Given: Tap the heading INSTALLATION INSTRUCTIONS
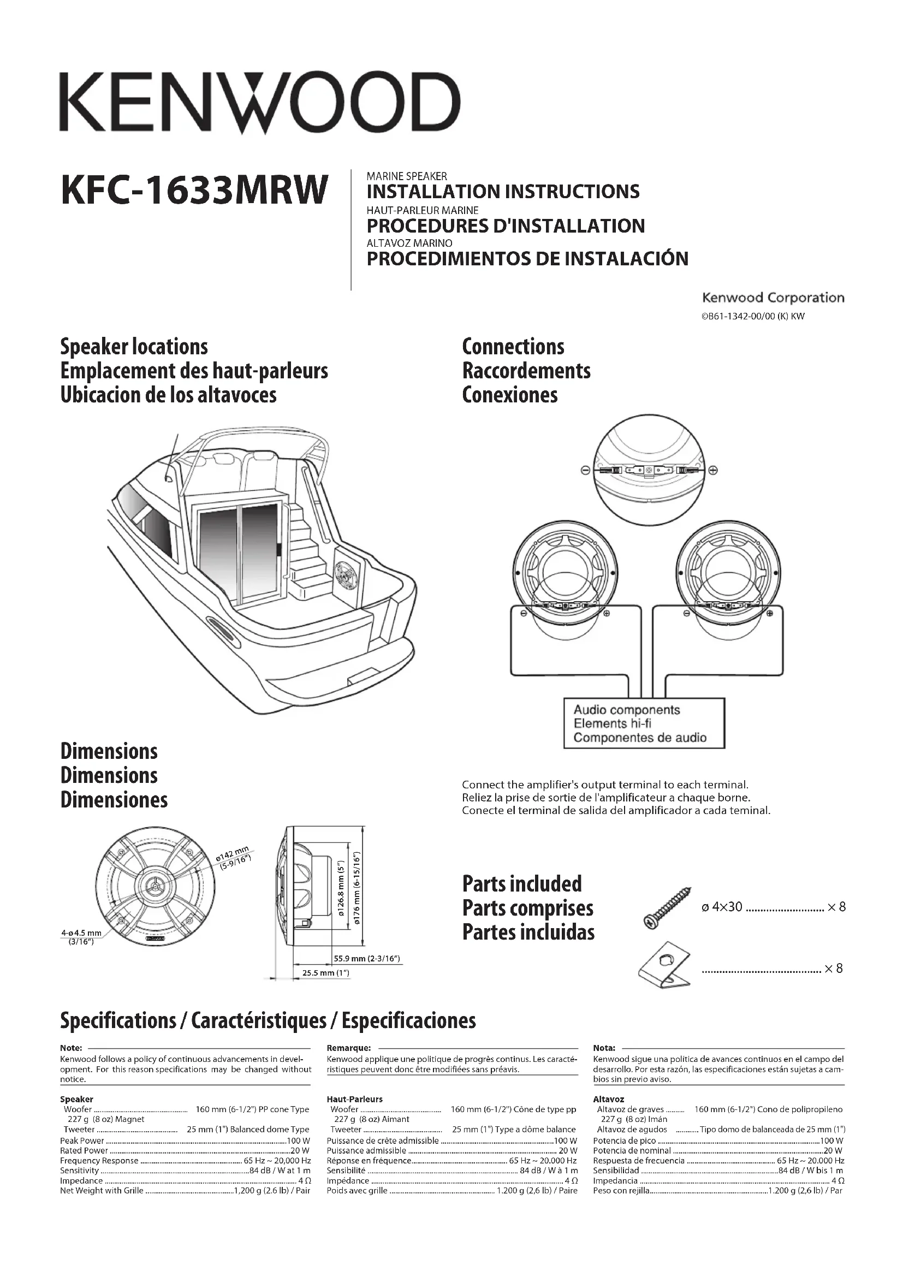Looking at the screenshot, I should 503,192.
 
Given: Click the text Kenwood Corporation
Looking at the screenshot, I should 773,298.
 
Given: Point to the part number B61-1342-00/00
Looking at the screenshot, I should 753,317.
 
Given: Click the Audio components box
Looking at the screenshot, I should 644,723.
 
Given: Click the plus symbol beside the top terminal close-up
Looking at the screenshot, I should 713,470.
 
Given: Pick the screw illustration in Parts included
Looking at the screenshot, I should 667,908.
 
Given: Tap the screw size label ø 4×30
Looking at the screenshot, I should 721,907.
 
